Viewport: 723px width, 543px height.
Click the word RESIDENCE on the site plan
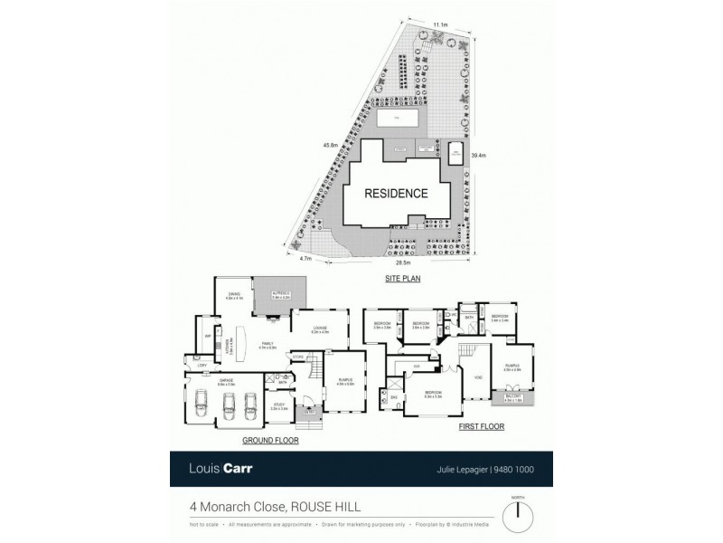click(395, 194)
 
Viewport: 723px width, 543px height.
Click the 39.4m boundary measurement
click(480, 156)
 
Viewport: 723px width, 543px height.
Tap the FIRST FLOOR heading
click(482, 426)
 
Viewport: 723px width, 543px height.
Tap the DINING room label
click(234, 294)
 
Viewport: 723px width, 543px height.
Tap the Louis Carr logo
click(220, 469)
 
